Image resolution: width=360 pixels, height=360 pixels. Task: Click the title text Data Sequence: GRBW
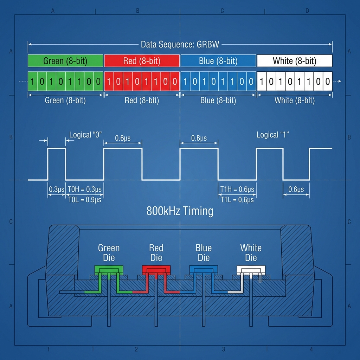click(180, 45)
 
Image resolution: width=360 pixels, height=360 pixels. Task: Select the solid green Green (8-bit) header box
click(65, 61)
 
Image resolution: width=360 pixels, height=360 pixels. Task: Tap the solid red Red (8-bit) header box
click(142, 61)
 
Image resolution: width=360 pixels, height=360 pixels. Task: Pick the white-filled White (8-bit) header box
click(295, 61)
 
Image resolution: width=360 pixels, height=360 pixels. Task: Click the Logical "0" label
click(85, 135)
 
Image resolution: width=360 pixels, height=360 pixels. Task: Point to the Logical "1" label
click(272, 135)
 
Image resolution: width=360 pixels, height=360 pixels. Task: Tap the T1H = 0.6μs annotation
click(237, 189)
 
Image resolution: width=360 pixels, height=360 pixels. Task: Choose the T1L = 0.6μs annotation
click(237, 200)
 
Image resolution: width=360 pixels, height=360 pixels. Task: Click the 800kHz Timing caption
click(180, 211)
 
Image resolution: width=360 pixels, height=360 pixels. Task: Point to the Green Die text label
click(109, 253)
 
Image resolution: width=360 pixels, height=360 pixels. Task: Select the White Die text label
click(251, 253)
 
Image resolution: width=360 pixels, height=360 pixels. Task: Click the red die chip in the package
click(156, 270)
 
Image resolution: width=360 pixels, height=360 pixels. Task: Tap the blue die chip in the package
click(204, 270)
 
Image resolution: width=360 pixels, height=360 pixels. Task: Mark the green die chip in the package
click(109, 270)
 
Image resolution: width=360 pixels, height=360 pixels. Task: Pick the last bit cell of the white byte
click(328, 82)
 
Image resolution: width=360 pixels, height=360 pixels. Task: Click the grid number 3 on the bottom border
click(224, 349)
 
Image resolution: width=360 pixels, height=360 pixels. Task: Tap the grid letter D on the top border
click(307, 11)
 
